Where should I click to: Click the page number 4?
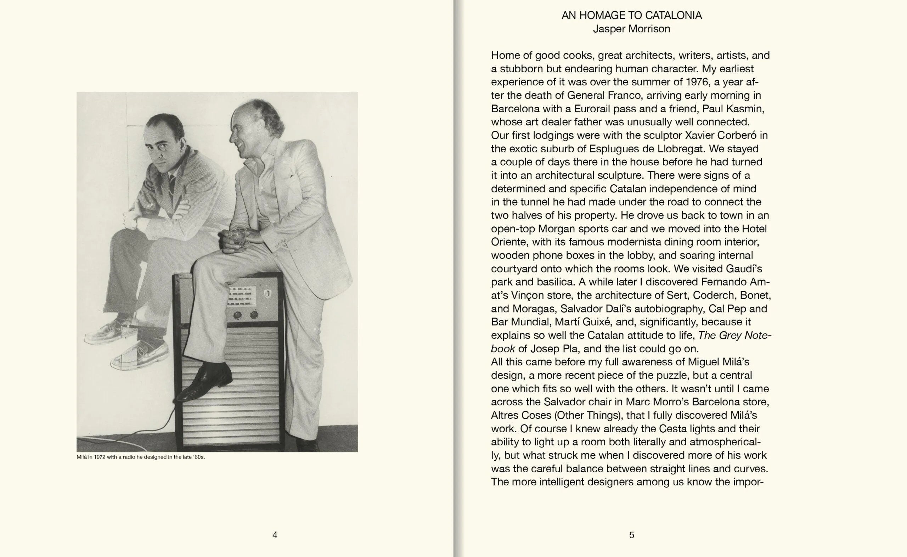click(x=275, y=535)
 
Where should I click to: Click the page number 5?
click(x=632, y=535)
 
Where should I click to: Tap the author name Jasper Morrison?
click(x=631, y=29)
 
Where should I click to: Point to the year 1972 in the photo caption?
click(x=100, y=457)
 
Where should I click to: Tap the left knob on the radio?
click(x=237, y=315)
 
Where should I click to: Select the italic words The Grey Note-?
click(x=734, y=335)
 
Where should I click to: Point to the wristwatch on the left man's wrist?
click(x=136, y=221)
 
